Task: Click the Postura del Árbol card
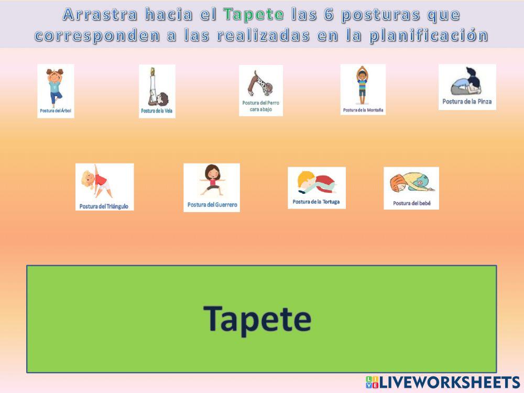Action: (x=56, y=91)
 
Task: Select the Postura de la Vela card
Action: (x=157, y=91)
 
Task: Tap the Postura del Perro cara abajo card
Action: (x=261, y=90)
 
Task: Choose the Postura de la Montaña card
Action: (x=363, y=89)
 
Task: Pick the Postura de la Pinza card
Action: (x=467, y=87)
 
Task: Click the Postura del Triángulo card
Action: (x=104, y=187)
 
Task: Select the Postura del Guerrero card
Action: (x=212, y=187)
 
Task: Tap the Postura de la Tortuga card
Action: (x=316, y=188)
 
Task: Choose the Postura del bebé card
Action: (x=411, y=188)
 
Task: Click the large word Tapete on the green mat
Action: (x=257, y=318)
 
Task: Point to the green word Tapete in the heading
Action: (x=254, y=15)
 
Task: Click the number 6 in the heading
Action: (x=329, y=15)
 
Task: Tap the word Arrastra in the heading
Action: (x=100, y=15)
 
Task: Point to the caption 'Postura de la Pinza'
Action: (x=467, y=102)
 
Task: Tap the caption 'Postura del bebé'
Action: (x=412, y=203)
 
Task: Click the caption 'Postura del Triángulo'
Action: (x=104, y=206)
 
